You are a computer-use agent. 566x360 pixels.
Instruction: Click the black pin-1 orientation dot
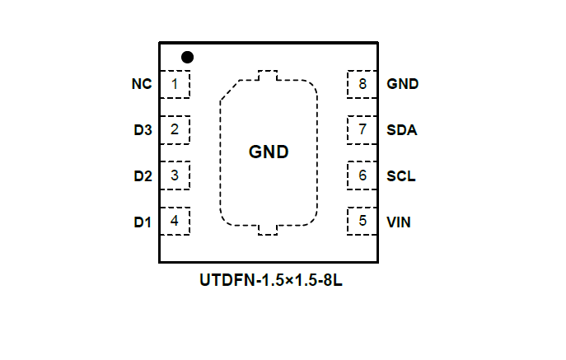188,57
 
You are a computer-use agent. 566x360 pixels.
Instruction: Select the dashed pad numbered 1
175,84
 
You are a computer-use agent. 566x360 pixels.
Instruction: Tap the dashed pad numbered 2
175,129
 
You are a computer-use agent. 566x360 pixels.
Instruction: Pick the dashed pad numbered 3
175,175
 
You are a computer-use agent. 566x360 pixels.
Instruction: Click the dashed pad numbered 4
175,221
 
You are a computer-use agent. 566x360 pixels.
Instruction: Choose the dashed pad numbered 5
363,221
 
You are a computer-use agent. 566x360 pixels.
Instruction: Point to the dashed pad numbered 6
363,175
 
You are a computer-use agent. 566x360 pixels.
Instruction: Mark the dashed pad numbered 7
363,129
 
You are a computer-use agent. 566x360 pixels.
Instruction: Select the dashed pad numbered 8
363,84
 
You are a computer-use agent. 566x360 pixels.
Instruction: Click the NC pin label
141,84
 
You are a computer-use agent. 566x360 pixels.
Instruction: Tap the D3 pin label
143,129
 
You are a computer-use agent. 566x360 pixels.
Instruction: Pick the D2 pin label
143,175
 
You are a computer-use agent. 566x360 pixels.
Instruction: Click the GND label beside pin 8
403,84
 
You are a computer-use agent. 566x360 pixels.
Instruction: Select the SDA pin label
401,129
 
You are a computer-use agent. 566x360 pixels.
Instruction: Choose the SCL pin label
401,175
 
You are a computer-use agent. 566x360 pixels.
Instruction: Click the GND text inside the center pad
269,152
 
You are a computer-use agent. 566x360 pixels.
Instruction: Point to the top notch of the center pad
269,77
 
